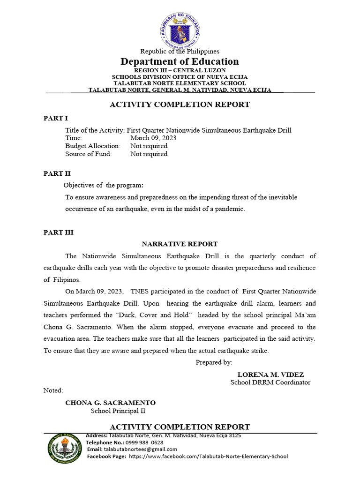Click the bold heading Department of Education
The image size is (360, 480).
(x=180, y=61)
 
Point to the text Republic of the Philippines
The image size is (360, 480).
(x=180, y=51)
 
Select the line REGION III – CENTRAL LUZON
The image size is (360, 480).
(x=180, y=70)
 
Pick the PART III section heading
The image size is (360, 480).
(x=59, y=232)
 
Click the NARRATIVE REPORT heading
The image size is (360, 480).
(x=180, y=244)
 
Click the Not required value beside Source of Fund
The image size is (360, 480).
(x=149, y=154)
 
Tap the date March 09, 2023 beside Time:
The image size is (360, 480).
(x=153, y=138)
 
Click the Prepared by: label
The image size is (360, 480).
(x=214, y=362)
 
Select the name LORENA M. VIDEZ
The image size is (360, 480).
(x=270, y=375)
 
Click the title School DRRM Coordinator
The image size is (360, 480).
(x=270, y=382)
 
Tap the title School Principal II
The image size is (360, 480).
(x=118, y=411)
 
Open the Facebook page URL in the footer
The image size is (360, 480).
(x=208, y=456)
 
